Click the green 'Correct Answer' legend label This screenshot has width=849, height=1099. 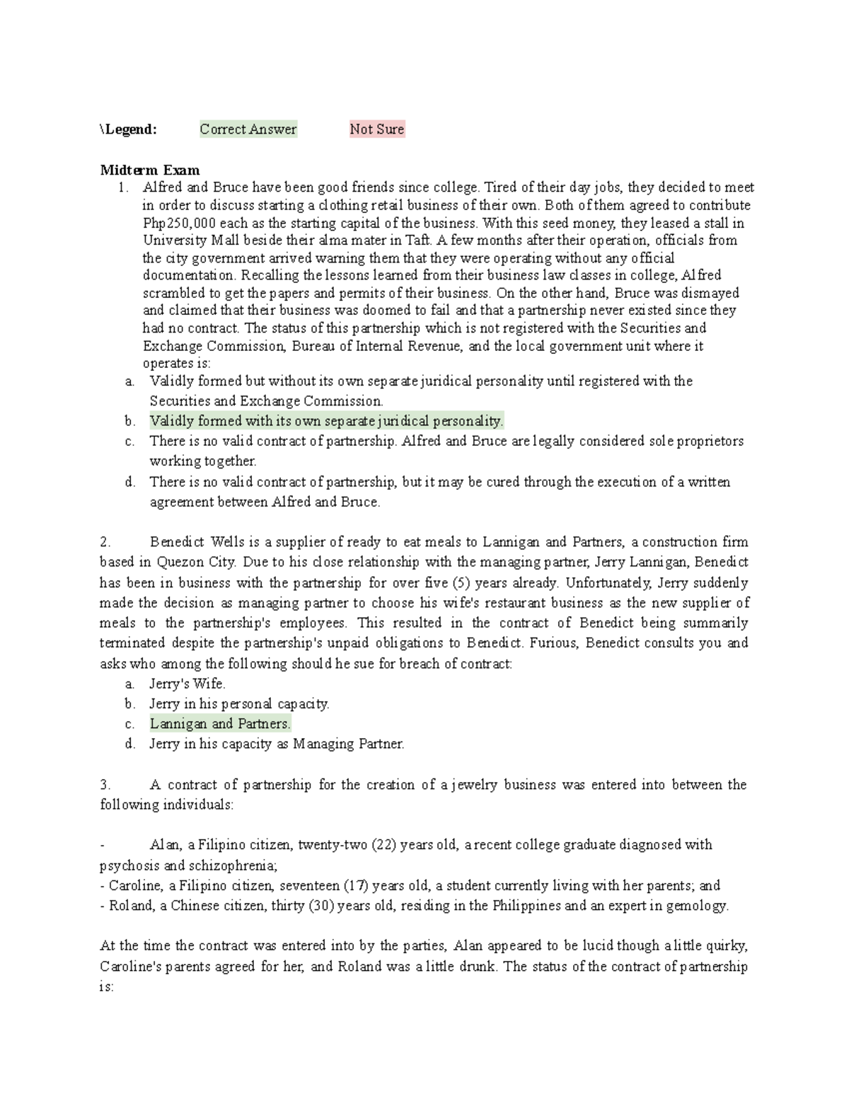click(x=248, y=130)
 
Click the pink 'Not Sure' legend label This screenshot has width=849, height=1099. click(x=377, y=130)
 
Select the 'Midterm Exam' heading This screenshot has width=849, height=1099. click(x=150, y=170)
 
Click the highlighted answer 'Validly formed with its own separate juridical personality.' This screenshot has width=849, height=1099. click(x=326, y=421)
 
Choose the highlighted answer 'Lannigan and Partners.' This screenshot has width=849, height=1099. click(x=220, y=724)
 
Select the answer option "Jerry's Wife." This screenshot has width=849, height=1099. click(x=187, y=684)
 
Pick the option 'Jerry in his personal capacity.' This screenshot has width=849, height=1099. click(x=239, y=704)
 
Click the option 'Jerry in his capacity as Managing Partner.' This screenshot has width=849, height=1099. click(x=277, y=744)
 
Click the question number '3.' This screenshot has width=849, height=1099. click(x=106, y=785)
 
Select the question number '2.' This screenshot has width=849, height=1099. click(x=106, y=543)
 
